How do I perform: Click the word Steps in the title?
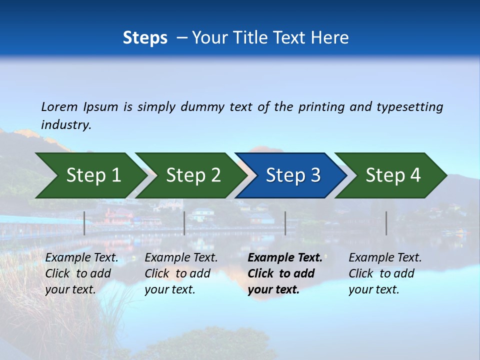pos(145,38)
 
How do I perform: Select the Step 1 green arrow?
pos(90,175)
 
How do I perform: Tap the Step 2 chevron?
pos(192,175)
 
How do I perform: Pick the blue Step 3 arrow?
pos(292,175)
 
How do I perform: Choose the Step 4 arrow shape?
pos(392,175)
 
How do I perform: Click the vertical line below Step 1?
pos(84,223)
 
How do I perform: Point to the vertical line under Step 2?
pos(184,223)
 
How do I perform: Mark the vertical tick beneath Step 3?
pos(285,223)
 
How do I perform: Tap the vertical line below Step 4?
pos(386,223)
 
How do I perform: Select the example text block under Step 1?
pos(81,273)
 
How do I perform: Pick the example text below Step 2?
pos(181,273)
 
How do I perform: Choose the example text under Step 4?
pos(385,273)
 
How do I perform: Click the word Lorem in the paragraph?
pos(59,106)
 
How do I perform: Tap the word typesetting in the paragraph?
pos(409,107)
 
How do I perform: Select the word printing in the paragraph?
pos(321,107)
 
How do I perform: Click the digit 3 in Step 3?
pos(315,175)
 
